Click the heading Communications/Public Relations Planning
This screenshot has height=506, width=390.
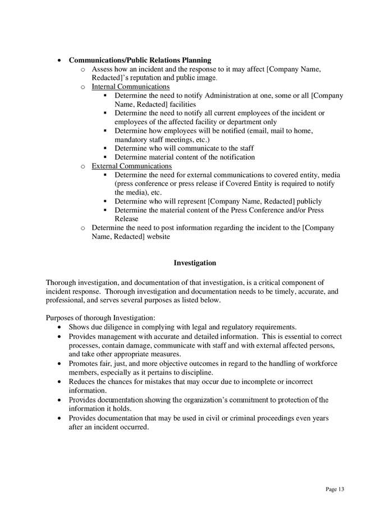[140, 60]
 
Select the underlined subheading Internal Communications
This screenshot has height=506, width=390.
[131, 87]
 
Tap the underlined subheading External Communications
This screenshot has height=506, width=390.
[131, 166]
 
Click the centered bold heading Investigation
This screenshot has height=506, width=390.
[195, 263]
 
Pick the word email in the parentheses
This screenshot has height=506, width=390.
[261, 131]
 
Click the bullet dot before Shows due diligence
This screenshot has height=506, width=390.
[60, 327]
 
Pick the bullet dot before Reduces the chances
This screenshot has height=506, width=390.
[60, 382]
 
